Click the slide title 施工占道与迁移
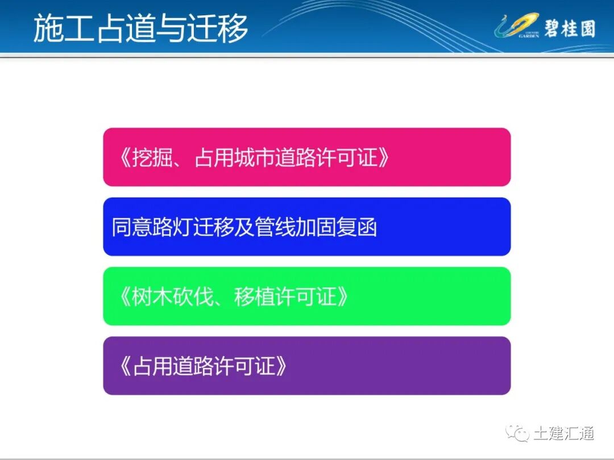pos(140,28)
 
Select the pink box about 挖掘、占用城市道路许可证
pos(306,157)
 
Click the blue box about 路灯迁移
pos(306,227)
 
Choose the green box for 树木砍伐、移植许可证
pos(306,296)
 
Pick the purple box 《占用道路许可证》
pos(306,366)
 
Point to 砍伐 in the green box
pos(193,297)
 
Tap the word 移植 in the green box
pos(254,297)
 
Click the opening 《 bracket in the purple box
pos(124,366)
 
